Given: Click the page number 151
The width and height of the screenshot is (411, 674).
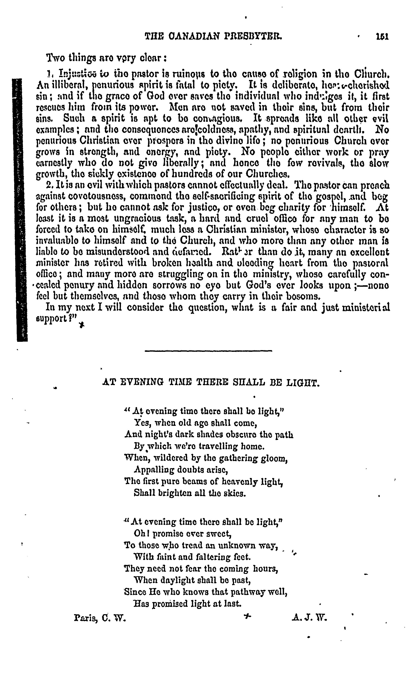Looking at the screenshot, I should (382, 36).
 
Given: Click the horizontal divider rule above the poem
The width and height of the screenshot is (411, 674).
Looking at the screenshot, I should (208, 351).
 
